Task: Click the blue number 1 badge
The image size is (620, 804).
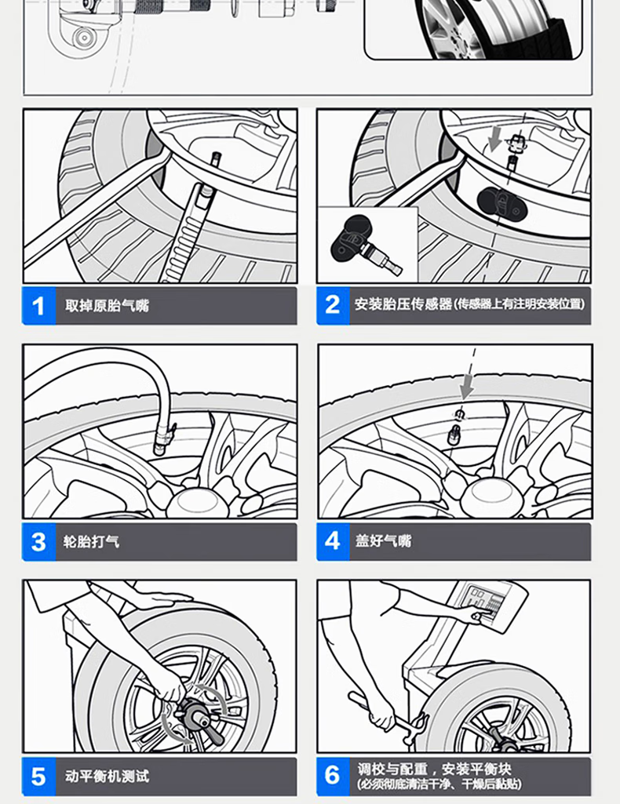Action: click(x=39, y=306)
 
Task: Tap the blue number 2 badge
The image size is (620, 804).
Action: click(x=333, y=306)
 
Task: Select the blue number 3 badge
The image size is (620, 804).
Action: click(x=39, y=541)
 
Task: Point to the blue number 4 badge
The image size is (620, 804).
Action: click(x=333, y=541)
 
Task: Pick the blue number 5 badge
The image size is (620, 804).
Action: click(x=39, y=777)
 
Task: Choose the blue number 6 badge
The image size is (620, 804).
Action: click(x=333, y=777)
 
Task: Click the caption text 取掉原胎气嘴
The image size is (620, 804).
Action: click(x=107, y=306)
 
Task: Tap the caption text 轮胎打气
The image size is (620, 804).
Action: click(x=91, y=541)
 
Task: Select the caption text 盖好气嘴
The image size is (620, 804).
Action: click(x=383, y=540)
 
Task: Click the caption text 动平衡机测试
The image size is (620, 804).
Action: click(x=107, y=777)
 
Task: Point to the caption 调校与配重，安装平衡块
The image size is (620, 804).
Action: click(x=434, y=769)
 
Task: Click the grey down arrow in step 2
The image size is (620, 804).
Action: click(x=495, y=139)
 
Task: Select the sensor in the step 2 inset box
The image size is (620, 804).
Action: click(x=365, y=245)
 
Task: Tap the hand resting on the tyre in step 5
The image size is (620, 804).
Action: click(x=164, y=598)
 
